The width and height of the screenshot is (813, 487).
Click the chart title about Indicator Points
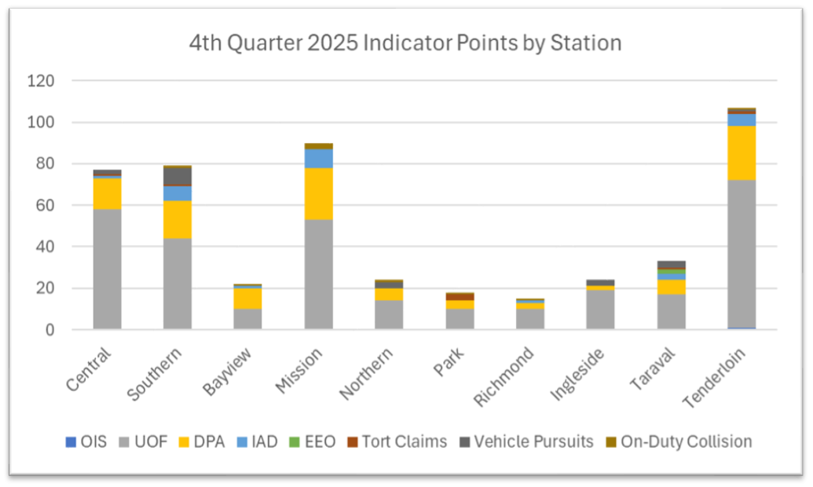(x=405, y=42)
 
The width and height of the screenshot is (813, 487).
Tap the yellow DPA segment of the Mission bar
(x=319, y=193)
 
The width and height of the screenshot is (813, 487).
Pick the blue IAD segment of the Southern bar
(x=178, y=193)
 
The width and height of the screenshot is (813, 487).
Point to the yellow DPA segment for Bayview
(x=247, y=298)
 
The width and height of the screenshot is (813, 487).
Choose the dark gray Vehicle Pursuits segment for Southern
(x=178, y=176)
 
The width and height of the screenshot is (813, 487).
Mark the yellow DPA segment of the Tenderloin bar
(x=742, y=153)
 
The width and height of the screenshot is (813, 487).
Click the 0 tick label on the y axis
(x=49, y=330)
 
